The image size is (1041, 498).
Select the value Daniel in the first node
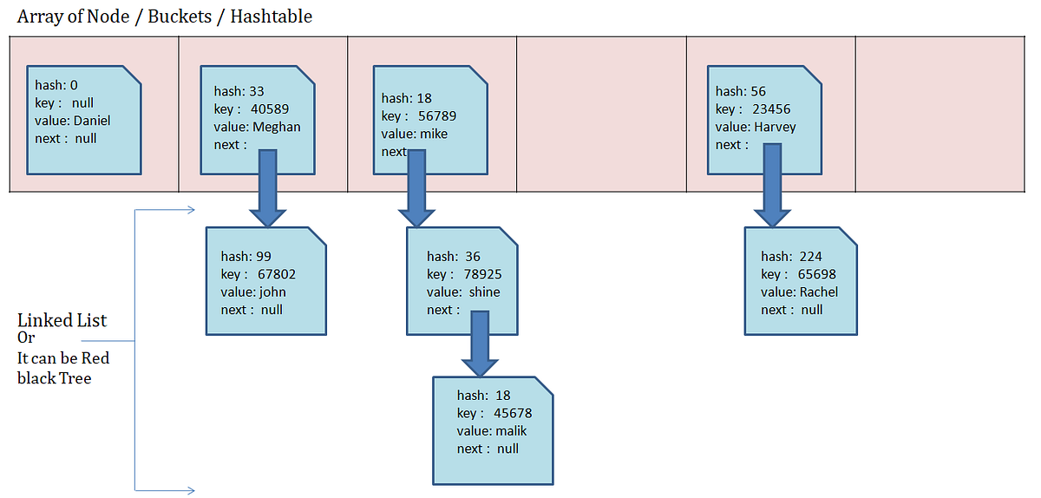pos(92,121)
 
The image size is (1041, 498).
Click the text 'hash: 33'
pos(239,91)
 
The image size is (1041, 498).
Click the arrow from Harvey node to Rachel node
pos(771,189)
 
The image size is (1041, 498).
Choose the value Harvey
pos(775,127)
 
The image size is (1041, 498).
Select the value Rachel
pos(818,292)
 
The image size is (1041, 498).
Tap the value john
pos(272,292)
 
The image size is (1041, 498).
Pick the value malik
pos(511,431)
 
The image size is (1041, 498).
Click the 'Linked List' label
pos(62,320)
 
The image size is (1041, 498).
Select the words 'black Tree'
pos(54,377)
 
